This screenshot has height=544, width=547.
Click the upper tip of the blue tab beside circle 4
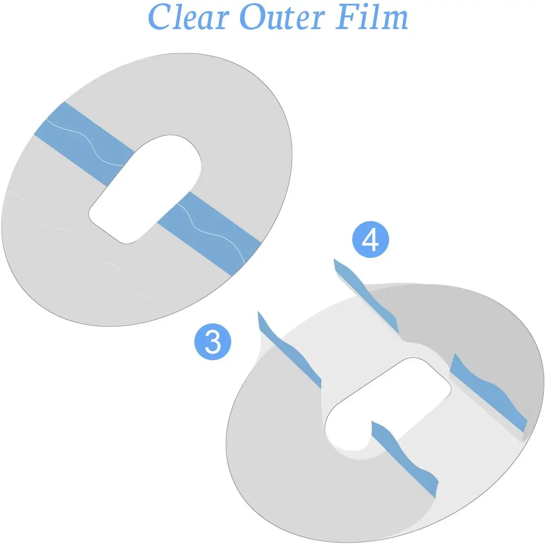click(x=334, y=259)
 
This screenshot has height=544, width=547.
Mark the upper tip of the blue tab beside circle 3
click(x=258, y=312)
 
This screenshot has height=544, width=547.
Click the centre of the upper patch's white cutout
click(x=145, y=189)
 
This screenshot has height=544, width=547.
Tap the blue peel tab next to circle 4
click(x=367, y=297)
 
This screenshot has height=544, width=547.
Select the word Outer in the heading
click(x=283, y=16)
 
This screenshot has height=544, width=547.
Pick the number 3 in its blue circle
click(x=213, y=342)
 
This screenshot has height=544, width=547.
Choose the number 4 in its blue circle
click(x=370, y=240)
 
